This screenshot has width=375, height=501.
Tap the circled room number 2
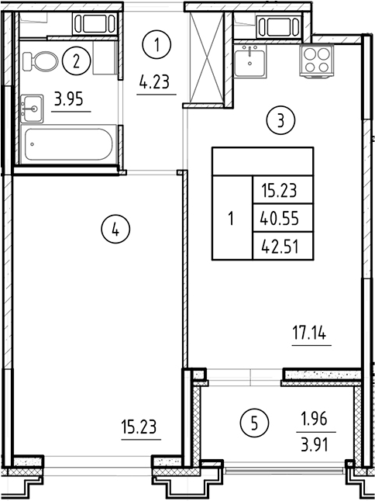[x=75, y=60]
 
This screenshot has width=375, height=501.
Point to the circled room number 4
[x=115, y=229]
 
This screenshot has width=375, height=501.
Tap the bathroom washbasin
[x=33, y=107]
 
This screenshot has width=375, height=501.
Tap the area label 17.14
[x=311, y=336]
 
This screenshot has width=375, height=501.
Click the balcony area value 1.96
[x=314, y=420]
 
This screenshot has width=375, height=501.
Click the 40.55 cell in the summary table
[x=280, y=219]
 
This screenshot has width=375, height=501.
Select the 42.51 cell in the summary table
[x=280, y=247]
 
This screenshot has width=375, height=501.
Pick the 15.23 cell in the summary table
[x=280, y=189]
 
